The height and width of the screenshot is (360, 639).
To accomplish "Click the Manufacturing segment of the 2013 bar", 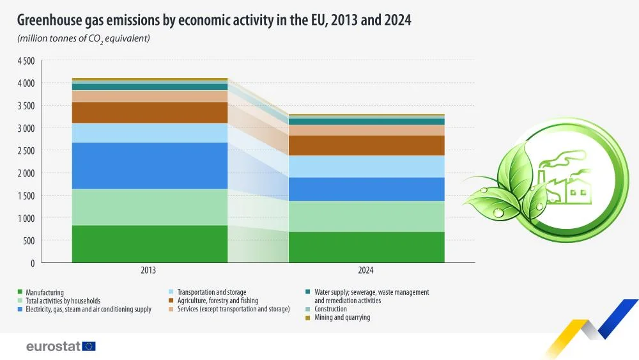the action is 150,244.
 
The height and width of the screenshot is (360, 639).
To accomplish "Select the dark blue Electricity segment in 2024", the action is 366,189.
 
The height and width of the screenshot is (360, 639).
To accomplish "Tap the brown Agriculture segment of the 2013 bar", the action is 150,113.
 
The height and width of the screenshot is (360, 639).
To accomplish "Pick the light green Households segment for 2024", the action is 366,217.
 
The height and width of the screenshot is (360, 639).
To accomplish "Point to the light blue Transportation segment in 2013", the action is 150,133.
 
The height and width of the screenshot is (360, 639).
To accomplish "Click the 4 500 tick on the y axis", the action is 26,61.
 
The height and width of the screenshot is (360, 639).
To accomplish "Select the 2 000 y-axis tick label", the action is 26,173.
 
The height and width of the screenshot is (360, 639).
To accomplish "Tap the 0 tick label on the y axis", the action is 33,263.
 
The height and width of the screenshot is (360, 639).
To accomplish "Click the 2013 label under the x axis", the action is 148,270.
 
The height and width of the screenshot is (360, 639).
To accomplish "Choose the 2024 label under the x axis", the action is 366,270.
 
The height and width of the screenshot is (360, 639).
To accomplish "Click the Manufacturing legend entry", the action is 41,292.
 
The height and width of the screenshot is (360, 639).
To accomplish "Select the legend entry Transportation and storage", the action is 208,292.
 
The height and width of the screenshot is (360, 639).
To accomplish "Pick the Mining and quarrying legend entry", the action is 338,317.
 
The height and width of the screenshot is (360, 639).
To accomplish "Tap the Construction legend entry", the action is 326,309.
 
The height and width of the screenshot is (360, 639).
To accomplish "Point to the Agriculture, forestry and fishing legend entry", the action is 213,301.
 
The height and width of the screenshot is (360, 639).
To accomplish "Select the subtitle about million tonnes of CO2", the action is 84,39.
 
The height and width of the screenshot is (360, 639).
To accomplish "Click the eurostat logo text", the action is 54,347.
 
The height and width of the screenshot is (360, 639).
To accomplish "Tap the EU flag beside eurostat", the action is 89,347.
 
